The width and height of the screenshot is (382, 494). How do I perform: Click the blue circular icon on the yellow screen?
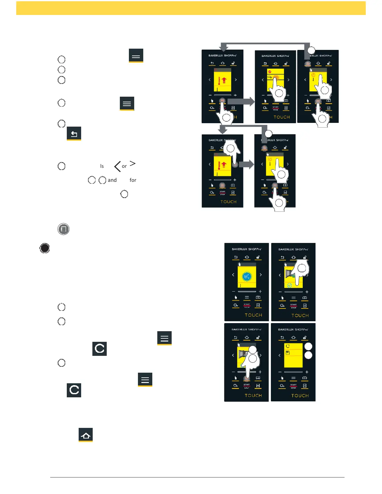click(x=247, y=276)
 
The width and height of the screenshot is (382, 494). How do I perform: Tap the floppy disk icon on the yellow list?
click(x=288, y=353)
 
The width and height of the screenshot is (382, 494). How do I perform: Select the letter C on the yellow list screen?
click(x=288, y=346)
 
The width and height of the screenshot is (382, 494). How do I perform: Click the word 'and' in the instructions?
click(x=112, y=180)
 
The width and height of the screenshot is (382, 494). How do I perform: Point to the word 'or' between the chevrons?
click(x=124, y=166)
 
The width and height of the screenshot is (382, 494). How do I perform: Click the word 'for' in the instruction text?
click(x=133, y=180)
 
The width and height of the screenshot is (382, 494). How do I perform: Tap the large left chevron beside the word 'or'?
click(x=117, y=166)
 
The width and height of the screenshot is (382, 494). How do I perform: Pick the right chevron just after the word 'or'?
click(x=133, y=163)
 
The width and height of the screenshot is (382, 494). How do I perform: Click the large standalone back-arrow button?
click(x=74, y=133)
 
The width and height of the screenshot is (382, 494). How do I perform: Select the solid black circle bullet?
click(x=45, y=248)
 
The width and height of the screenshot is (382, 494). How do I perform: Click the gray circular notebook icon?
click(x=63, y=229)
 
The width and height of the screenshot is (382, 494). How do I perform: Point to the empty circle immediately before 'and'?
click(x=102, y=180)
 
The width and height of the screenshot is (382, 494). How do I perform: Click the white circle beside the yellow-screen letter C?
click(x=308, y=346)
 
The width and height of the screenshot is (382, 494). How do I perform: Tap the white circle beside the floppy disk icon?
click(x=308, y=355)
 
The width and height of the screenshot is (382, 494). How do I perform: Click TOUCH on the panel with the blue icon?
click(x=253, y=315)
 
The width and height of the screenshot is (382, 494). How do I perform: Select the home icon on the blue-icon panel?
click(x=247, y=257)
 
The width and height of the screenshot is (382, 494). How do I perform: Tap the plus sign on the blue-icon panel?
click(x=260, y=291)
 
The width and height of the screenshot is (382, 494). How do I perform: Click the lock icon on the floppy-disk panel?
click(x=305, y=337)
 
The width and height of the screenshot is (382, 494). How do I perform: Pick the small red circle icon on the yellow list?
click(x=270, y=72)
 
